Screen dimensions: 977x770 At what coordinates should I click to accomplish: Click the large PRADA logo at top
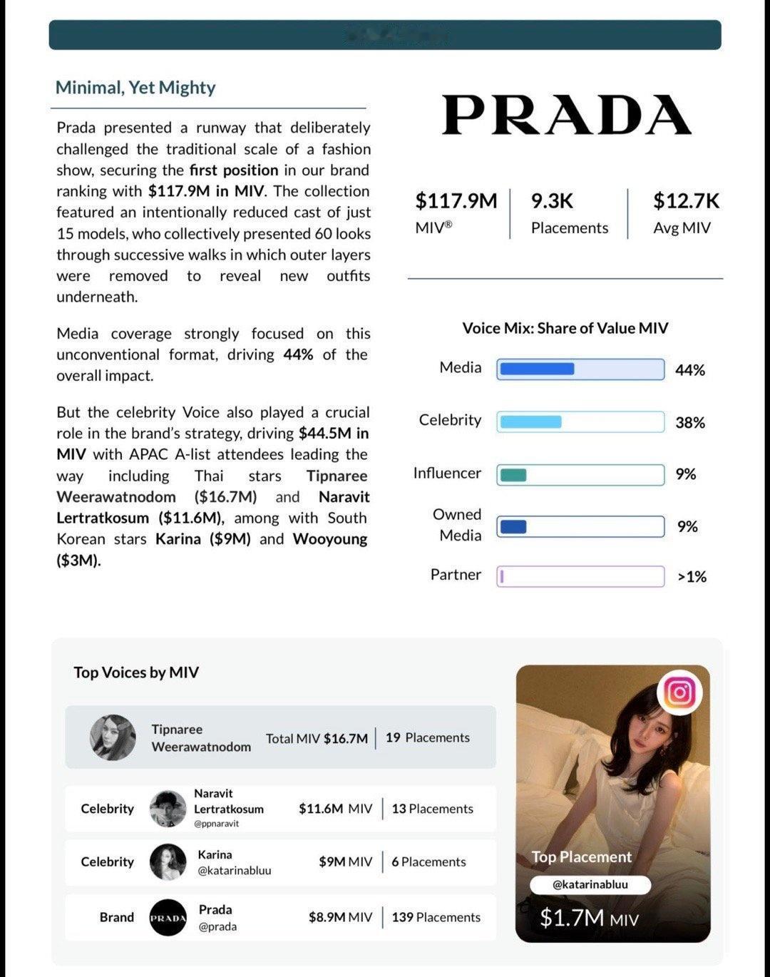click(566, 115)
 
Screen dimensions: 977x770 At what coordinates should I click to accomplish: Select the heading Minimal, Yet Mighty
click(135, 88)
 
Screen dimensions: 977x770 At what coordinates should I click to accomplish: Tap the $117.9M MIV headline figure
click(456, 201)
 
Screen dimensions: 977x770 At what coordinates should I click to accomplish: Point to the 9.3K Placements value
click(552, 201)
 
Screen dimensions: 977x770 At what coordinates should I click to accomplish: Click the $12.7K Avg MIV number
click(686, 201)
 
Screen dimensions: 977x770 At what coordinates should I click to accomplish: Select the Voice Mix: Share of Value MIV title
click(565, 328)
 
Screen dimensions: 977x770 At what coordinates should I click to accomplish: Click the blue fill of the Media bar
click(537, 369)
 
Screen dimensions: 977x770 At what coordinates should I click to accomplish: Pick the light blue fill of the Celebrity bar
click(530, 421)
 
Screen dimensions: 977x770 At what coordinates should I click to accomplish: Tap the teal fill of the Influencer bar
click(513, 475)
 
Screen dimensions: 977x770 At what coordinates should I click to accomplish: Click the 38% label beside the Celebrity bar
click(690, 423)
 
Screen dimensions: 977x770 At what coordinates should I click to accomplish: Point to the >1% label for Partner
click(692, 577)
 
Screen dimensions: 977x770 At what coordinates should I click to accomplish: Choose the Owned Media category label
click(458, 525)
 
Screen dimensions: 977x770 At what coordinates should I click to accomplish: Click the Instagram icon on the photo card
click(679, 692)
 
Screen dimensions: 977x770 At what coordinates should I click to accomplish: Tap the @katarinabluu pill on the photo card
click(590, 884)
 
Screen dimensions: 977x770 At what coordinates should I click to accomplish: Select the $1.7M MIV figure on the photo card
click(589, 918)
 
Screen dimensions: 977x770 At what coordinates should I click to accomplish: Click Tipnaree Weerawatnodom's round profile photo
click(113, 737)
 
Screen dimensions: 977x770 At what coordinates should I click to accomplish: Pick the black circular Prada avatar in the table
click(168, 918)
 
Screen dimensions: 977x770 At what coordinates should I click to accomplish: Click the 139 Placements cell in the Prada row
click(436, 917)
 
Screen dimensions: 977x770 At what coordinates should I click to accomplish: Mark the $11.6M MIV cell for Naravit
click(335, 809)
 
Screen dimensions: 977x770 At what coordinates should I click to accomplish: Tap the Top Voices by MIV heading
click(136, 672)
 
